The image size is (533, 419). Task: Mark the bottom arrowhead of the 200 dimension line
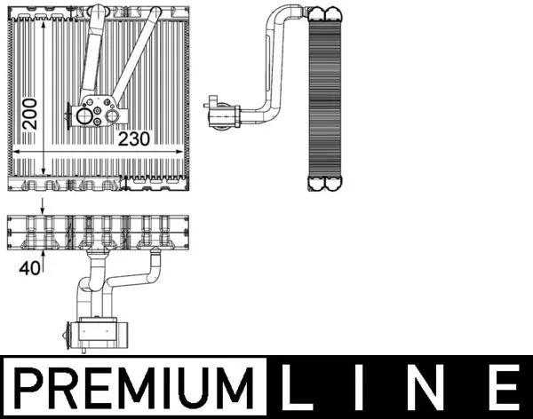click(44, 170)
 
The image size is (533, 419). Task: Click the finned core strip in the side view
click(324, 98)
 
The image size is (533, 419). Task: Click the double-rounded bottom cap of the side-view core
click(324, 183)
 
